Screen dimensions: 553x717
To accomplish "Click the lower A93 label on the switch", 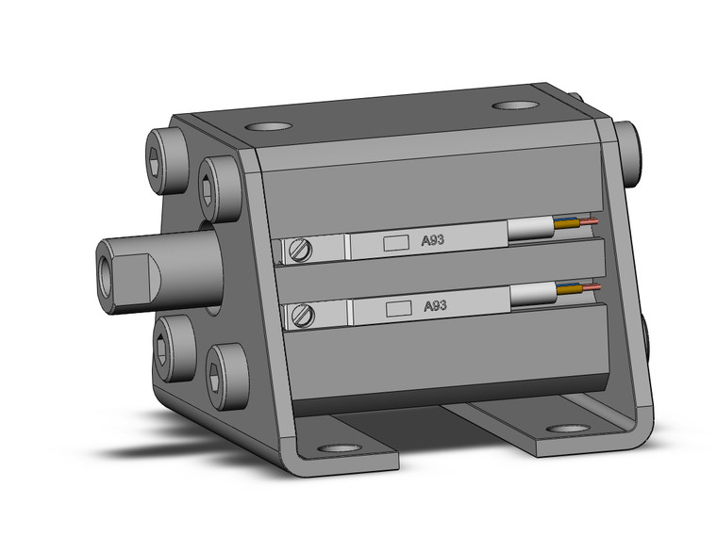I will pyautogui.click(x=435, y=306).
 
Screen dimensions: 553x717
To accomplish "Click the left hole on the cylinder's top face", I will pyautogui.click(x=267, y=126).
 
